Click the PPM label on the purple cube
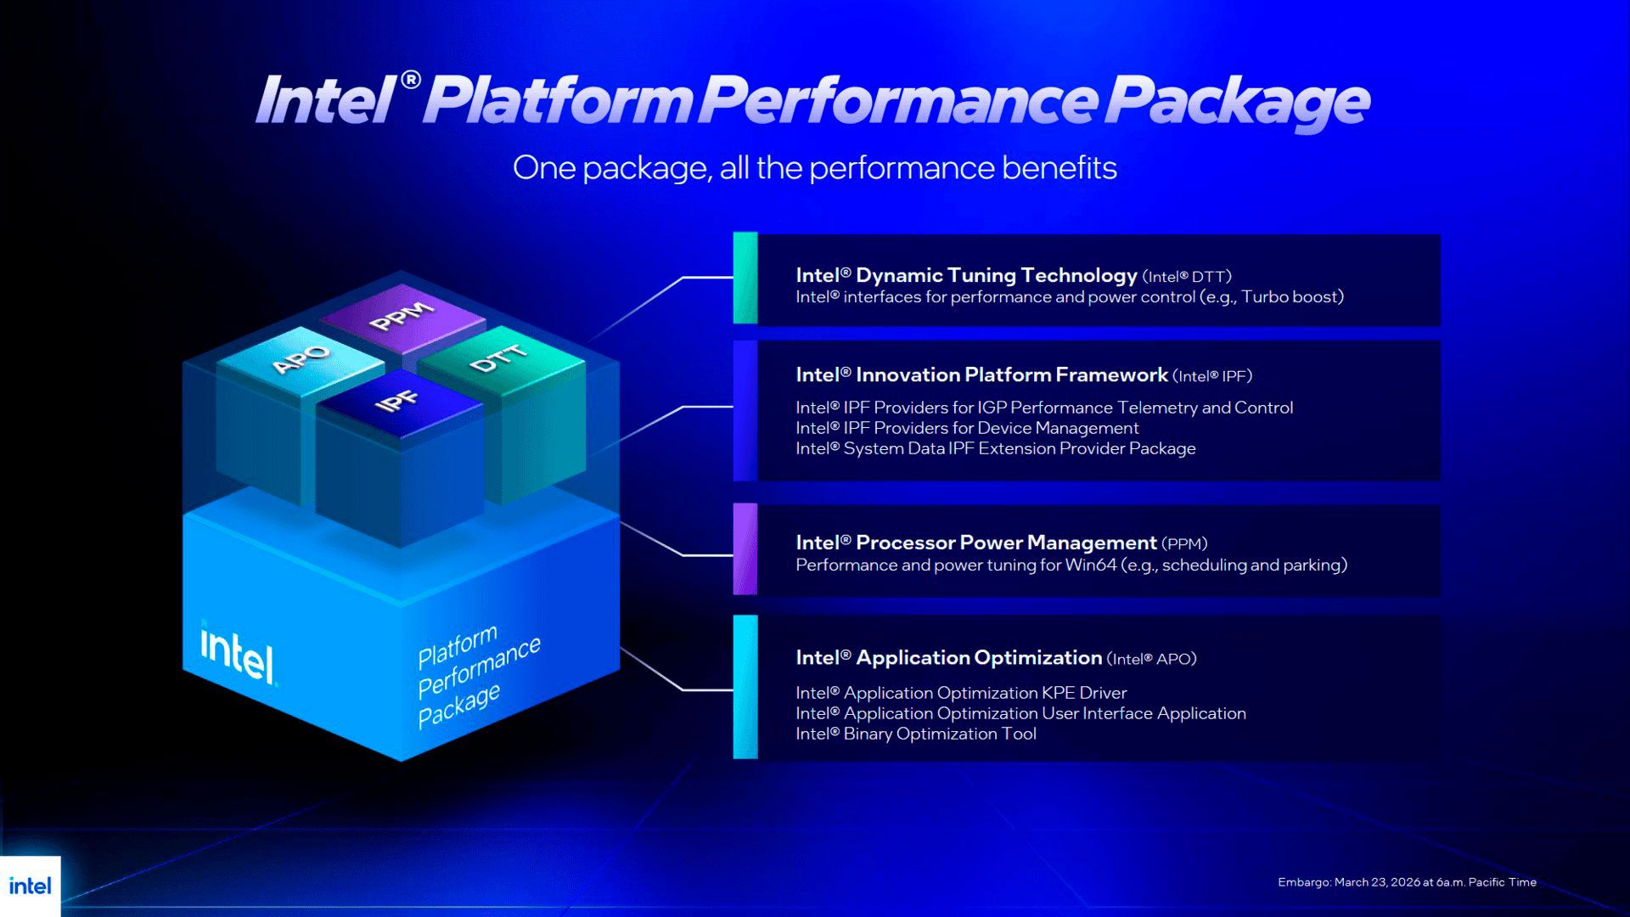(x=402, y=317)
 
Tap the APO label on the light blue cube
(x=301, y=359)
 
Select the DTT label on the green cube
(x=499, y=359)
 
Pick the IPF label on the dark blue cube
(x=396, y=401)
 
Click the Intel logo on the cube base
(x=238, y=655)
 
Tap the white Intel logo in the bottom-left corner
(x=30, y=886)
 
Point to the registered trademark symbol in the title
(x=410, y=80)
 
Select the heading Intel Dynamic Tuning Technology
(x=966, y=275)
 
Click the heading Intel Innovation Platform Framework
(x=981, y=374)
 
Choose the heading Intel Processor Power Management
(x=975, y=543)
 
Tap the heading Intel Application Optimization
(x=948, y=657)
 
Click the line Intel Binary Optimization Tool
(x=915, y=734)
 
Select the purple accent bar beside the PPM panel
(x=745, y=549)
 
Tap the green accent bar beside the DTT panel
(x=745, y=278)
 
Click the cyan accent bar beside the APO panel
(x=745, y=686)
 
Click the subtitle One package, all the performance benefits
(x=814, y=168)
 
